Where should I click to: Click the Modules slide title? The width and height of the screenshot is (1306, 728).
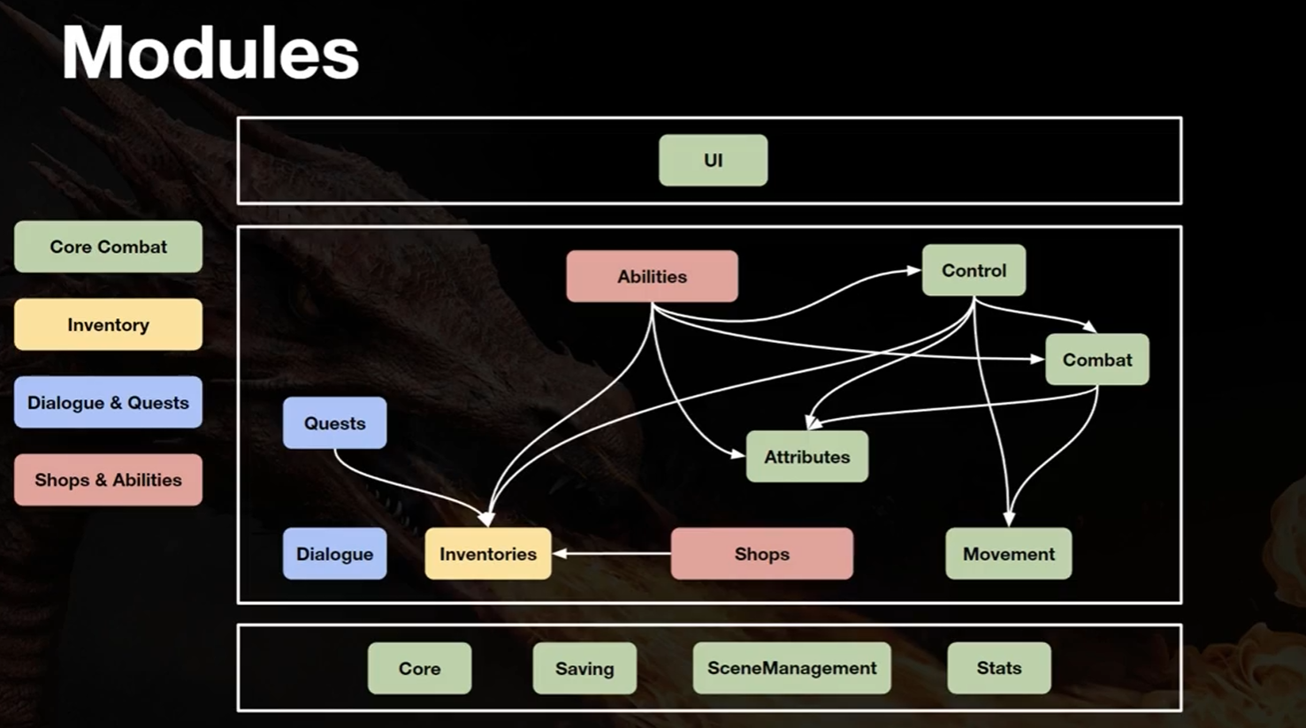coord(210,52)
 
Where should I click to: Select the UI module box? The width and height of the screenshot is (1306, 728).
coord(713,160)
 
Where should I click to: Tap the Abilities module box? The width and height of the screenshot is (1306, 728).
coord(652,276)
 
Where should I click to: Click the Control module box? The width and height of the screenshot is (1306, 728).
coord(974,270)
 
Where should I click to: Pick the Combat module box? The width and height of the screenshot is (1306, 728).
coord(1097,360)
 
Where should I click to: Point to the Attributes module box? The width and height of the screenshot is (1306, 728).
coord(807,457)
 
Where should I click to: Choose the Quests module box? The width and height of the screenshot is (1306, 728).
coord(334,423)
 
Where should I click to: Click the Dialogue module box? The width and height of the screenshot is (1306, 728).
coord(334,553)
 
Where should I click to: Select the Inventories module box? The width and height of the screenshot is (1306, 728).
coord(488,553)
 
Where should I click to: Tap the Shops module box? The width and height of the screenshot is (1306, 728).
coord(762,553)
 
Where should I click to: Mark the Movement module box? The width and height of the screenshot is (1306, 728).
coord(1009,553)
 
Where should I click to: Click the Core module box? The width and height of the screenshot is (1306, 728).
coord(420,668)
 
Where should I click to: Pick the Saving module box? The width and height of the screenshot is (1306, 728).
coord(584,668)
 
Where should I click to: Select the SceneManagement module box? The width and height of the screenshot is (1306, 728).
coord(791,668)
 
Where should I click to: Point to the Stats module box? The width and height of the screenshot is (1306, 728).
coord(999,668)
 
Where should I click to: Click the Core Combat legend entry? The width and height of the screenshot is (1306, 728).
coord(109,246)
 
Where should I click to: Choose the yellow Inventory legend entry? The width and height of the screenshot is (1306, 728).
coord(109,324)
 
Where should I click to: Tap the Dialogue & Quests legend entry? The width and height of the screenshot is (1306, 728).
coord(109,402)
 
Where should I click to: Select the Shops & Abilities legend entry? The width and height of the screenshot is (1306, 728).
coord(109,480)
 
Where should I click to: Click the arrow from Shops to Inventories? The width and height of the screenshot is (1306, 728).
coord(612,553)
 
